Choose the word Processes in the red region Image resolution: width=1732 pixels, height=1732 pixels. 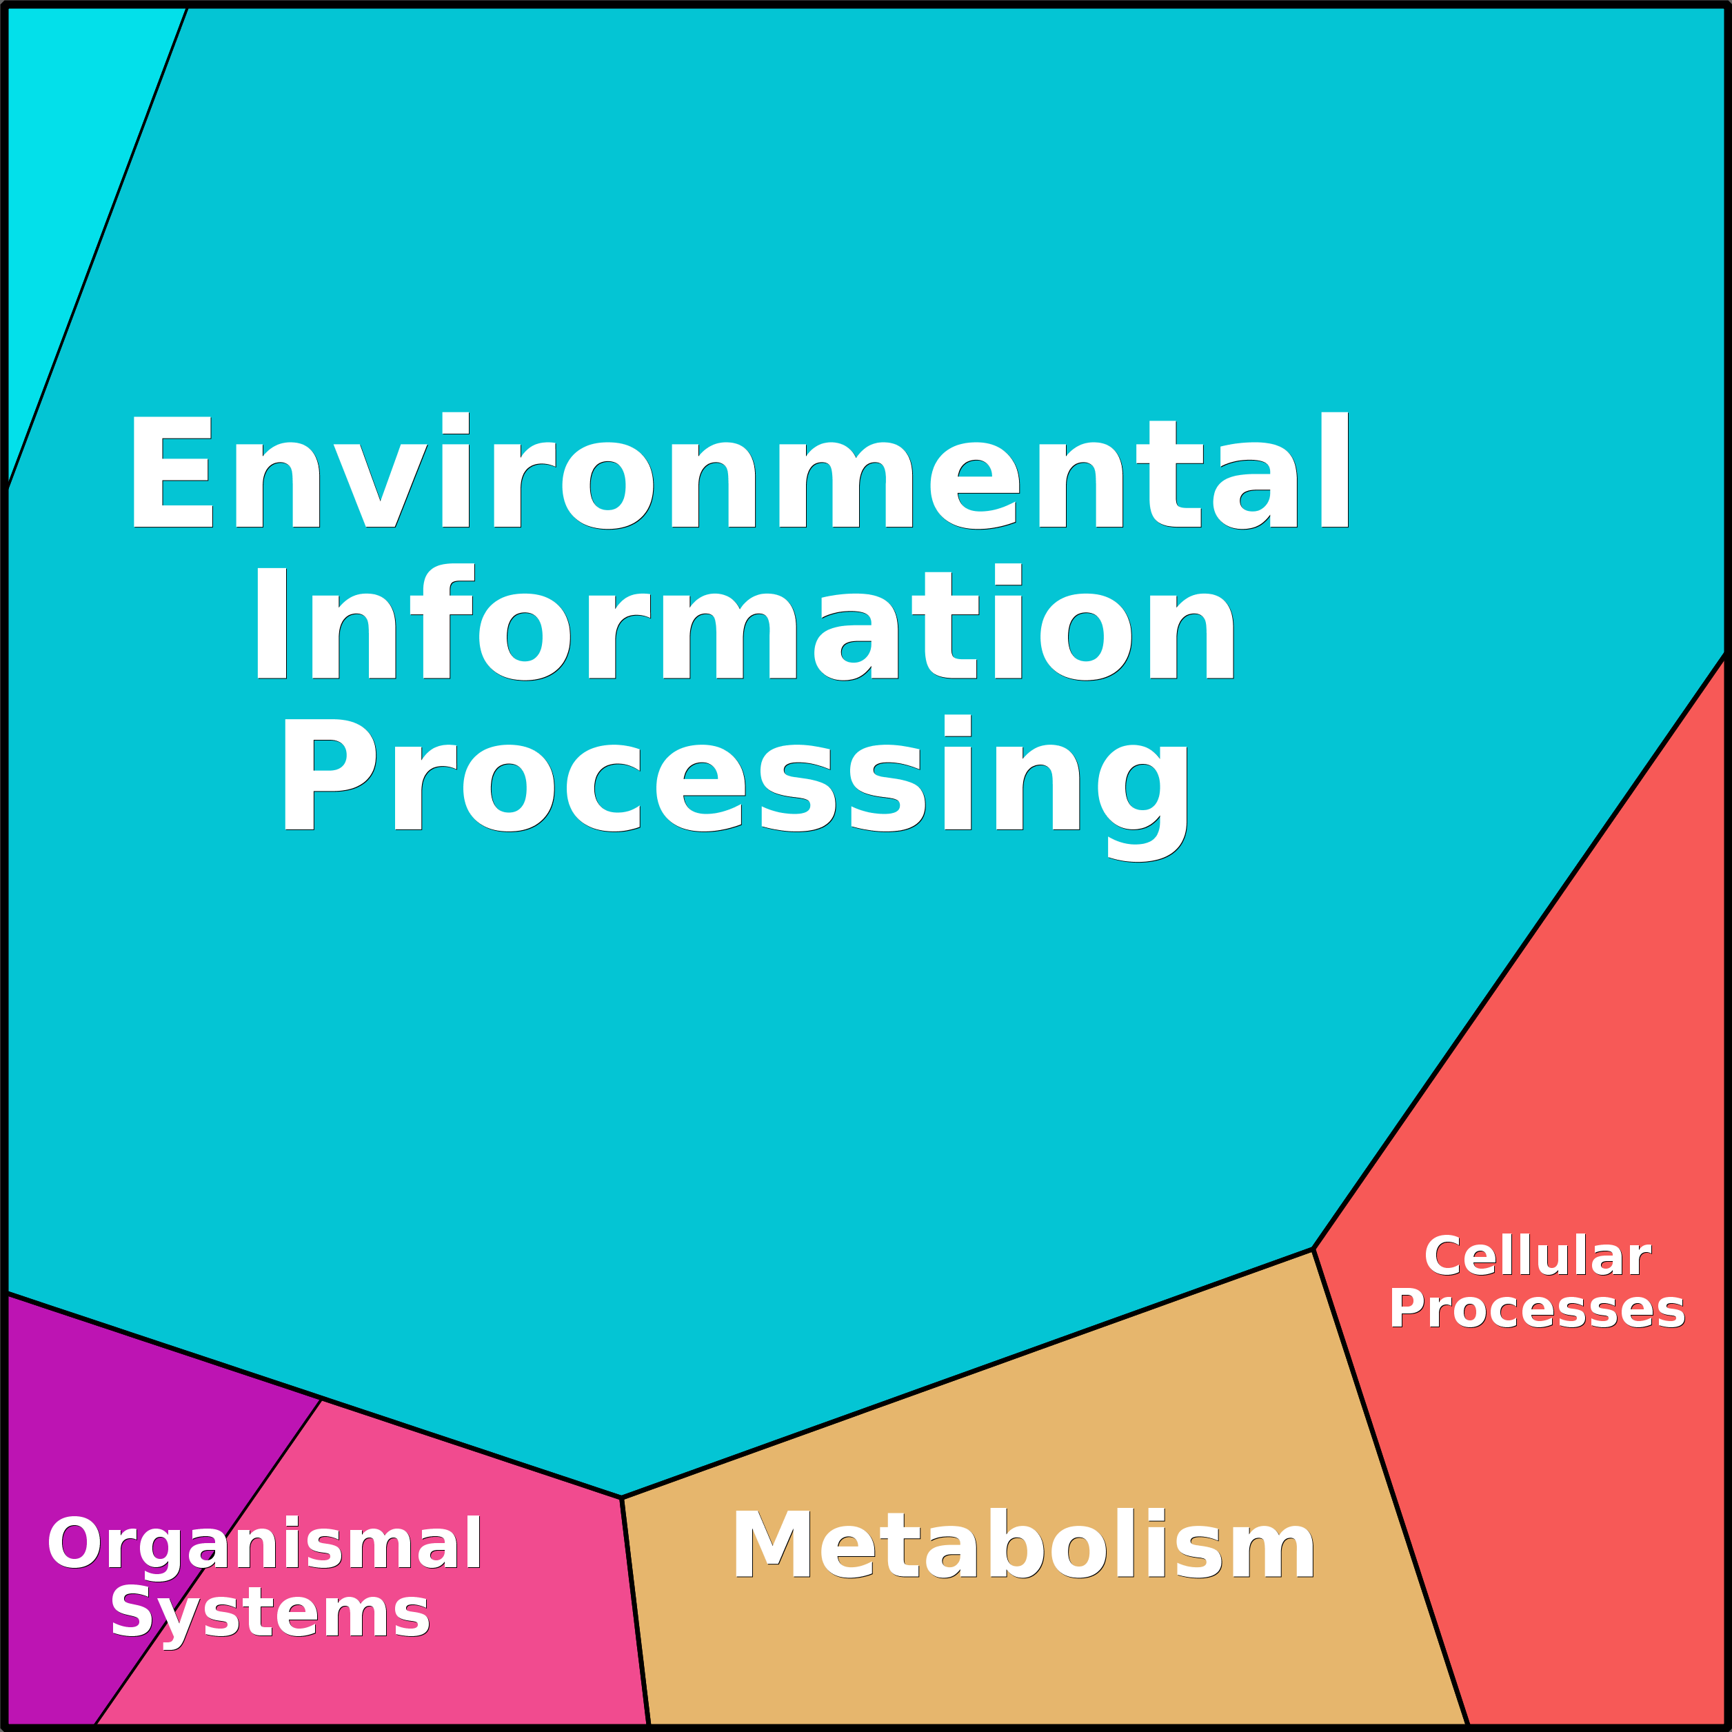[x=1537, y=1310]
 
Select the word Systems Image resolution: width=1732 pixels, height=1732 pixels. [x=270, y=1616]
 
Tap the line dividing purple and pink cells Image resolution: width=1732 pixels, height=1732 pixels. [x=208, y=1562]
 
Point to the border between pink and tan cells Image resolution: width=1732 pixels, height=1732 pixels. [x=635, y=1611]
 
